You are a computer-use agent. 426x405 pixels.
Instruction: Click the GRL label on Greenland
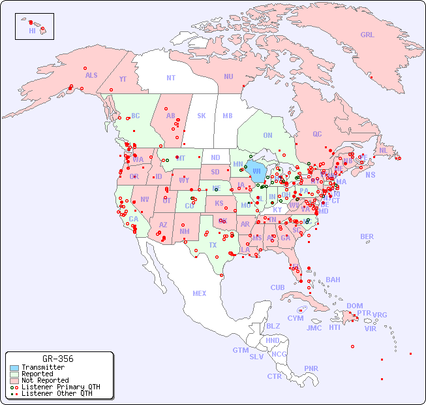coord(367,35)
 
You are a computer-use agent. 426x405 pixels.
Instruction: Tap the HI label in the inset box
coord(32,31)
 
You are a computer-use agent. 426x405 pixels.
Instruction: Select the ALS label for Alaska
coord(91,75)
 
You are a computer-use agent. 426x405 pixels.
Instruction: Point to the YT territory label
coord(123,79)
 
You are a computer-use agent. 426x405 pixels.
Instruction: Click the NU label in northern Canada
coord(228,76)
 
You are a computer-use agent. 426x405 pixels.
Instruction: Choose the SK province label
coord(202,116)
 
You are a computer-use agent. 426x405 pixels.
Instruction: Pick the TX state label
coord(213,245)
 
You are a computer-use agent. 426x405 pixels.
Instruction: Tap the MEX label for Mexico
coord(200,293)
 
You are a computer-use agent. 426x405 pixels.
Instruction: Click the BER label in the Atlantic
coord(367,236)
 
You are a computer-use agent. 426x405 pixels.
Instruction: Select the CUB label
coord(277,287)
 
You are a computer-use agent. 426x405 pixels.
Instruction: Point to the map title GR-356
coord(58,359)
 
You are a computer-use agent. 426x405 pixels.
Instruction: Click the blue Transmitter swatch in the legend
coord(14,368)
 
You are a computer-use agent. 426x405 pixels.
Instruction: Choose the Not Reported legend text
coord(45,380)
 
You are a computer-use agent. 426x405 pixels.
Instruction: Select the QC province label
coord(317,134)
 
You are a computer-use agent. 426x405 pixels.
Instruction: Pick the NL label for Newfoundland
coord(383,150)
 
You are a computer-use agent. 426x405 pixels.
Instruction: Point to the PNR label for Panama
coord(311,368)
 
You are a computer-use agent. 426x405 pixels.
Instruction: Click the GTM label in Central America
coord(240,350)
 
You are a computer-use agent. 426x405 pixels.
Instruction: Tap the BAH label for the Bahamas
coord(333,280)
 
